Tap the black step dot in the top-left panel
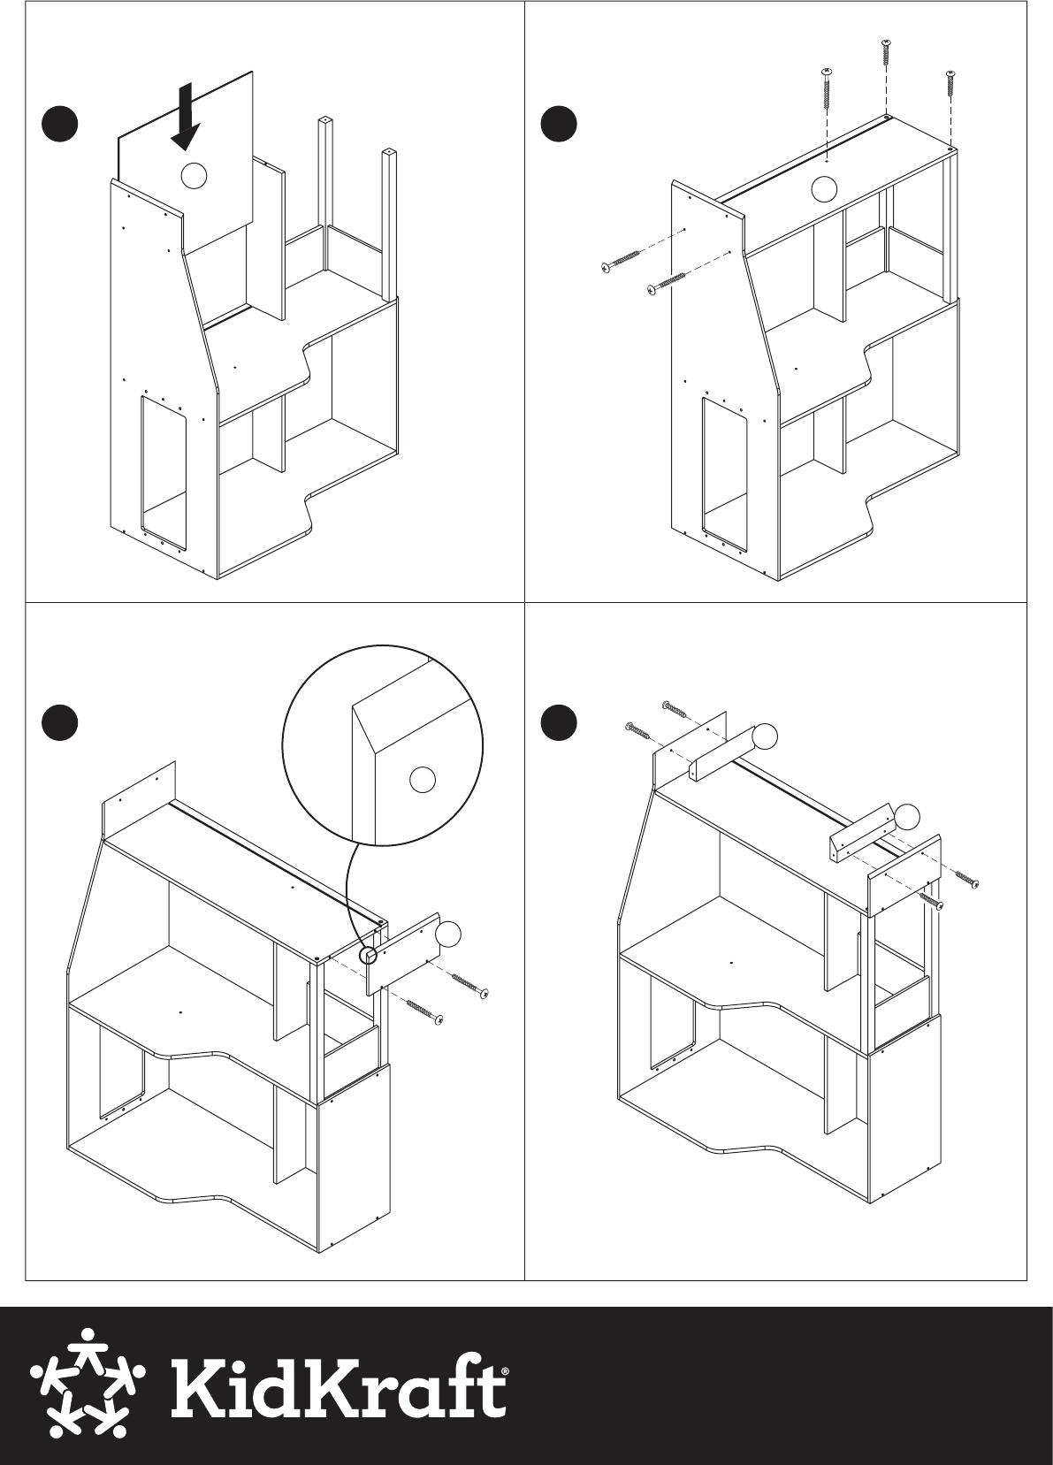point(59,125)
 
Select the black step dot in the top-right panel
point(559,125)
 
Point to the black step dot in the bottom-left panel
point(59,722)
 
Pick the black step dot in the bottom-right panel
point(559,722)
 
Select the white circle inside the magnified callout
point(422,780)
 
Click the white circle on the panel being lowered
point(193,175)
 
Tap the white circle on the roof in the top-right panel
point(823,189)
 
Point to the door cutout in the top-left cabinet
point(162,468)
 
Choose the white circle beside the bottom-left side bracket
point(448,934)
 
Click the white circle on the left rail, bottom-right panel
point(764,737)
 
